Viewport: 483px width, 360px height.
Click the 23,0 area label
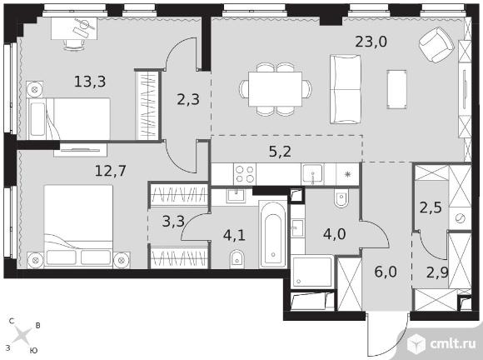pyautogui.click(x=371, y=42)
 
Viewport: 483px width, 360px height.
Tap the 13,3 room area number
pyautogui.click(x=90, y=82)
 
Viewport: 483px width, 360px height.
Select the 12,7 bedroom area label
pyautogui.click(x=111, y=171)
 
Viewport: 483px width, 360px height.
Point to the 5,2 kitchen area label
pyautogui.click(x=280, y=152)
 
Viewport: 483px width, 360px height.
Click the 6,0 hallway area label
pyautogui.click(x=386, y=272)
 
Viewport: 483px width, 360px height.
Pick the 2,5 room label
pyautogui.click(x=431, y=207)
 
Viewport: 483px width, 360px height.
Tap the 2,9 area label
pyautogui.click(x=437, y=272)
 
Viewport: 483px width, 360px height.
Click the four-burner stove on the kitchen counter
pyautogui.click(x=245, y=174)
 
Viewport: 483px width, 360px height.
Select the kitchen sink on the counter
pyautogui.click(x=312, y=174)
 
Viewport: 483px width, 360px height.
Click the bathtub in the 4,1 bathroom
pyautogui.click(x=273, y=235)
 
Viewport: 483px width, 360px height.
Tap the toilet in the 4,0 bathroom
pyautogui.click(x=341, y=197)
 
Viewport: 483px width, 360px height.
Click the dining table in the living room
pyautogui.click(x=275, y=89)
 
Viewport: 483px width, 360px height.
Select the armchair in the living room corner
pyautogui.click(x=436, y=44)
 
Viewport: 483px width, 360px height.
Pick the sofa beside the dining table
pyautogui.click(x=345, y=89)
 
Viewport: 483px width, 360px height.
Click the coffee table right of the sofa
pyautogui.click(x=396, y=89)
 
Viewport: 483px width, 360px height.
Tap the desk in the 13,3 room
pyautogui.click(x=74, y=28)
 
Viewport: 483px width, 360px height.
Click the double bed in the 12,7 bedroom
pyautogui.click(x=78, y=227)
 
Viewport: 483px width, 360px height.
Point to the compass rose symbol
pyautogui.click(x=23, y=335)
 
